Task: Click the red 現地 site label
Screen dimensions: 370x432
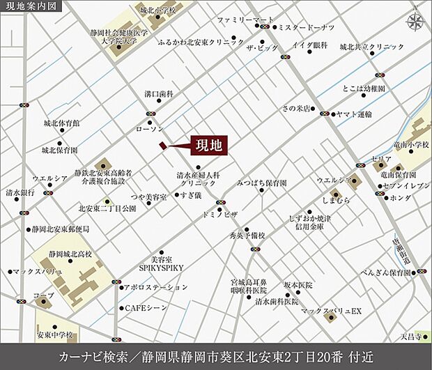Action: (210, 146)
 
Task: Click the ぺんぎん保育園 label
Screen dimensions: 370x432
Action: (383, 272)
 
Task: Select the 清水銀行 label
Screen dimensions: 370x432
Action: (20, 192)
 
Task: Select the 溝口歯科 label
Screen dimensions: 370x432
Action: (159, 93)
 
